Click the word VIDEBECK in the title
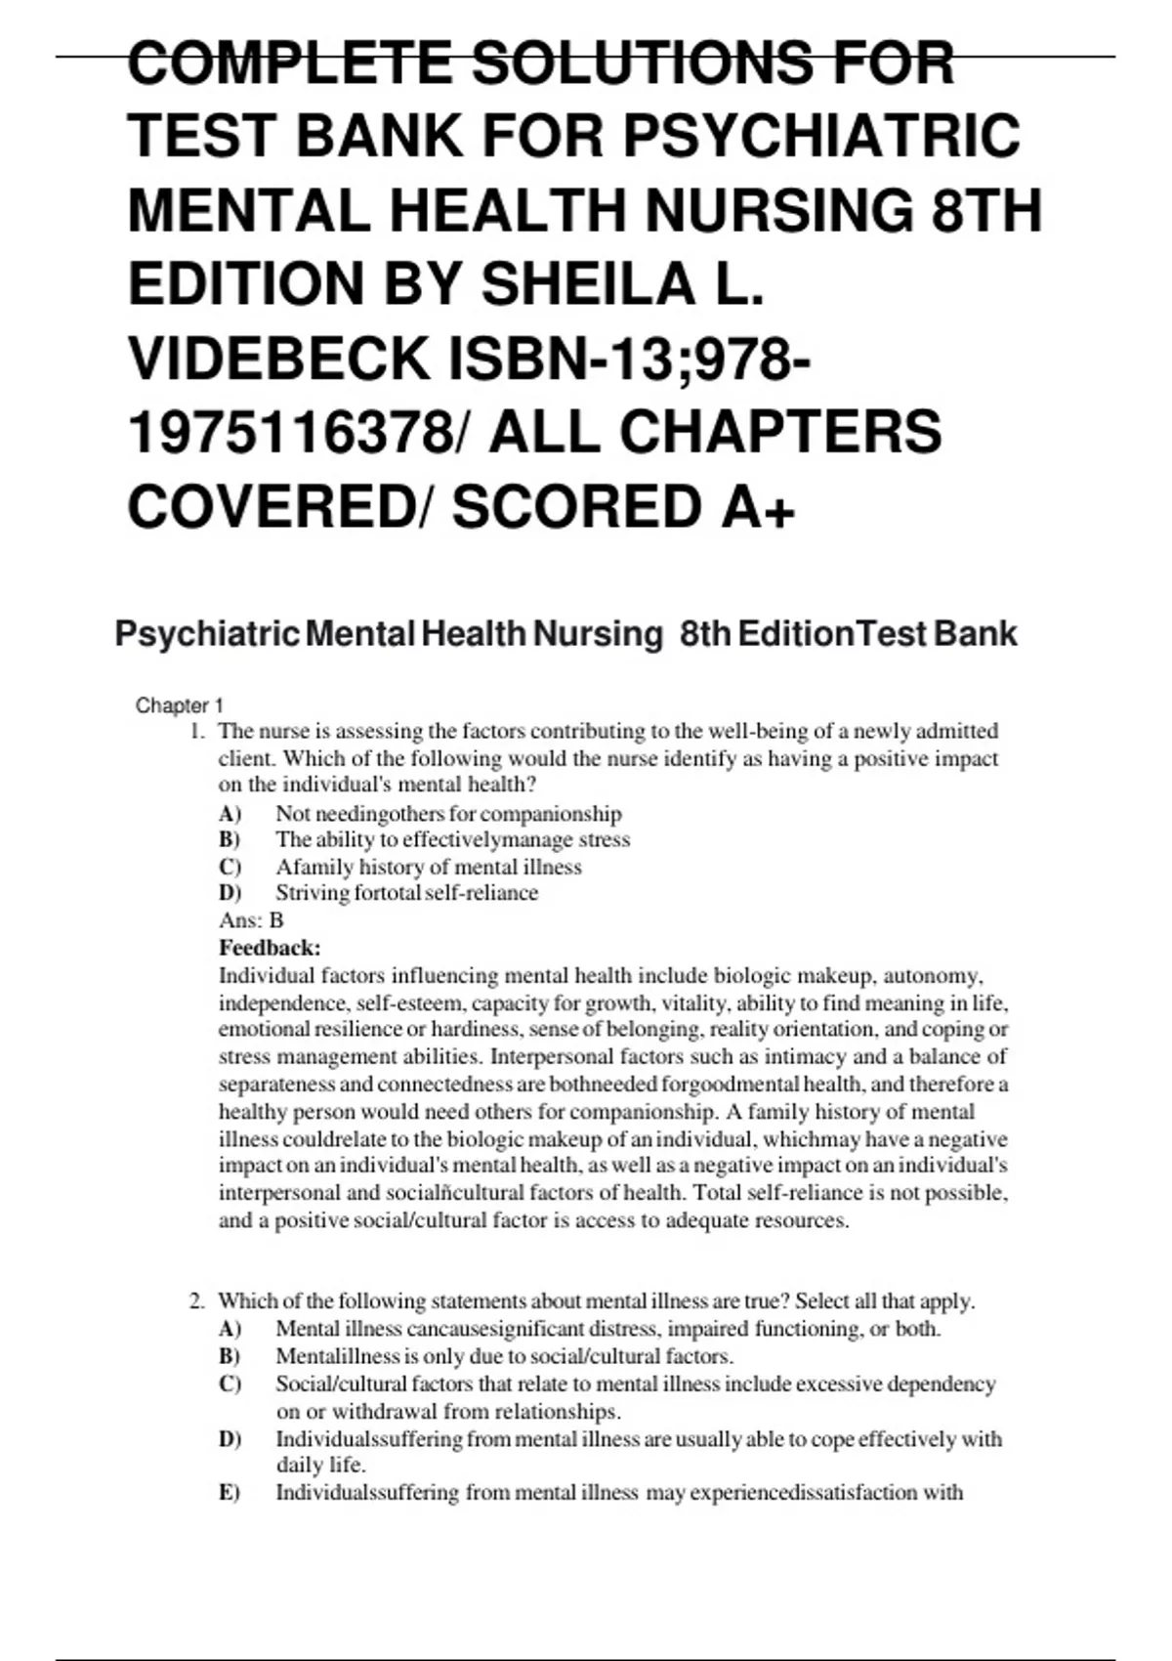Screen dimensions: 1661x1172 [x=277, y=358]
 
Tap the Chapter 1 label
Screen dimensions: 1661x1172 [x=180, y=705]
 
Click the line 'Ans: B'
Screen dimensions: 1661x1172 [x=251, y=919]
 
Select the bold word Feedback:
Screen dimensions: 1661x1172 [x=270, y=947]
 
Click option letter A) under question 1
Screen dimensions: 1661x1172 [x=230, y=813]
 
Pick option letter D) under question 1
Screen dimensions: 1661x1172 [x=230, y=892]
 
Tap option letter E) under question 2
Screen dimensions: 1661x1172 [x=230, y=1492]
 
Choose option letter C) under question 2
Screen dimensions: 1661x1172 [x=230, y=1384]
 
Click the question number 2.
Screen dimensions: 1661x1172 [x=196, y=1300]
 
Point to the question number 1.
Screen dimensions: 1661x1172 [x=196, y=731]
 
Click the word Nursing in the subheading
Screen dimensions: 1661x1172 [x=598, y=634]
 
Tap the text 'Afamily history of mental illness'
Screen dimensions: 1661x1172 [x=428, y=867]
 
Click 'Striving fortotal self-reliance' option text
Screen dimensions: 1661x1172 [x=406, y=892]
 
